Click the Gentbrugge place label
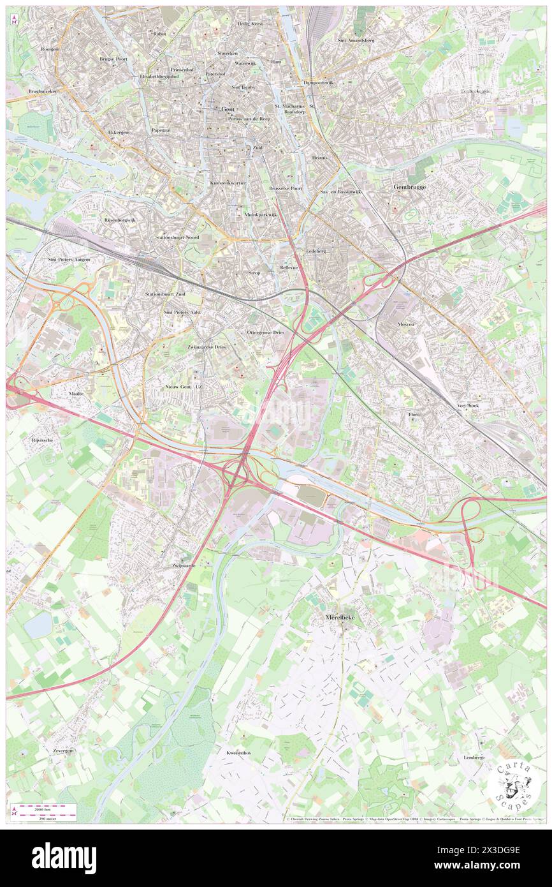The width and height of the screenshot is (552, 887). tap(409, 187)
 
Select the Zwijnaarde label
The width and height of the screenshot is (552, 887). tap(183, 565)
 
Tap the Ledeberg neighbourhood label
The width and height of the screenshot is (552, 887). tap(316, 251)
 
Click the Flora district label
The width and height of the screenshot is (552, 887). tap(414, 414)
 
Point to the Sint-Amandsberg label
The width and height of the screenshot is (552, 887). tap(356, 40)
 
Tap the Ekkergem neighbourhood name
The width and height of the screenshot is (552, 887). tap(119, 132)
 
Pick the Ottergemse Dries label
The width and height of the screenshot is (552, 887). tap(265, 332)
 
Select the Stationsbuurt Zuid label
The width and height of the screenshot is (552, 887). tap(165, 294)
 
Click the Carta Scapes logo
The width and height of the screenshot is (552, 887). tap(512, 786)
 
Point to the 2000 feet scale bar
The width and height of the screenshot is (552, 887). tap(44, 809)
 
